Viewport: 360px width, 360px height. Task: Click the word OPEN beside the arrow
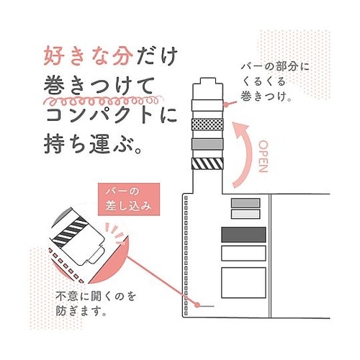[x=264, y=156]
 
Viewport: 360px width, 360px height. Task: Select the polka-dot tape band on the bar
[x=207, y=125]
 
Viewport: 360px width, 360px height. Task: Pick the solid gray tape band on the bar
[x=207, y=144]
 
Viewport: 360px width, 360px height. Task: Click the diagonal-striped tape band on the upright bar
[x=207, y=163]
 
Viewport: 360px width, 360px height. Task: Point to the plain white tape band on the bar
[x=207, y=105]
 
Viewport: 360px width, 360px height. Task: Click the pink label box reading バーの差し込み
[x=129, y=199]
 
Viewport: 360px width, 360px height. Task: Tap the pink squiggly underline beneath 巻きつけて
[x=103, y=101]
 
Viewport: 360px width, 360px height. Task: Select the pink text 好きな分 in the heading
[x=88, y=56]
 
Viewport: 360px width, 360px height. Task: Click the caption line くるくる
[x=264, y=81]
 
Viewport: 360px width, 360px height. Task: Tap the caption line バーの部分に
[x=275, y=66]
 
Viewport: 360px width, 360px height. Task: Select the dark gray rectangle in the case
[x=243, y=235]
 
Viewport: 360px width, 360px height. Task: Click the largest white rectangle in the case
[x=243, y=283]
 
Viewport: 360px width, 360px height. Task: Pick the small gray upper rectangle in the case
[x=246, y=203]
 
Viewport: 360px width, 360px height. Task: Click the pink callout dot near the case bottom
[x=197, y=305]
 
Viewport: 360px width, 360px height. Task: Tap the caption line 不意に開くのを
[x=96, y=297]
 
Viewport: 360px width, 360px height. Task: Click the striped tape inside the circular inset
[x=70, y=231]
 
